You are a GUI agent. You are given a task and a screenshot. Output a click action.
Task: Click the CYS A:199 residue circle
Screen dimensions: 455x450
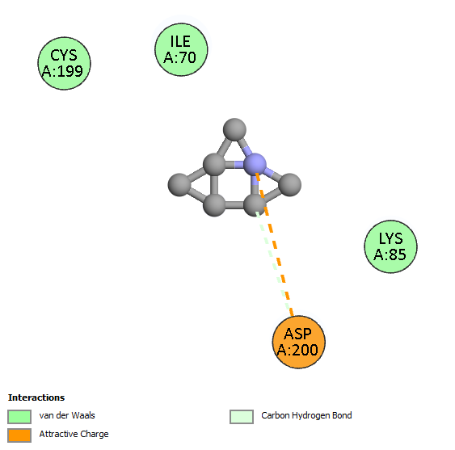[x=64, y=63]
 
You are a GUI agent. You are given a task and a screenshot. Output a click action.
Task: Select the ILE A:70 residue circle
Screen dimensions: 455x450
[x=181, y=49]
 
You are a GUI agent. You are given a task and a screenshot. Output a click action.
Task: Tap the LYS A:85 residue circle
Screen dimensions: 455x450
[x=390, y=246]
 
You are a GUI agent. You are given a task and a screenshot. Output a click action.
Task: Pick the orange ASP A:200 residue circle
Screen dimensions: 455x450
[x=298, y=342]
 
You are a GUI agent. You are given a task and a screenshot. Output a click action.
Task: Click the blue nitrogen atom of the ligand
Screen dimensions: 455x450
[x=255, y=165]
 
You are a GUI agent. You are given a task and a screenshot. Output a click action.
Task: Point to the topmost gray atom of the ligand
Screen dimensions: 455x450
[x=234, y=129]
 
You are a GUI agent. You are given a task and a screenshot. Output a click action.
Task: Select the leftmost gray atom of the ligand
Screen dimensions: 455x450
[x=179, y=185]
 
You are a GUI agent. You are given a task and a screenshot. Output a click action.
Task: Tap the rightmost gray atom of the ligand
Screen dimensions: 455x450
[x=289, y=185]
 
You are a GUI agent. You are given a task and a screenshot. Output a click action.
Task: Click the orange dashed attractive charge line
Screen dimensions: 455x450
[x=275, y=245]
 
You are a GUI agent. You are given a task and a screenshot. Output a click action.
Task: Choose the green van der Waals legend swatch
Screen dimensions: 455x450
[x=19, y=417]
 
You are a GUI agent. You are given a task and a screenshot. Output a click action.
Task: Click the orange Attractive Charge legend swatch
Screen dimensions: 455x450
[x=19, y=435]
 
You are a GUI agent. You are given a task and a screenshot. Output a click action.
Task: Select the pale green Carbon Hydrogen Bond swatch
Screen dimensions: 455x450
[x=242, y=417]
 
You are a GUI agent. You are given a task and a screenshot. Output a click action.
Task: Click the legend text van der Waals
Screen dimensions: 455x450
[x=67, y=415]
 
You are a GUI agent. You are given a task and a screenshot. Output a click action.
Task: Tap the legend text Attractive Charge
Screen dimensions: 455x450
[x=74, y=434]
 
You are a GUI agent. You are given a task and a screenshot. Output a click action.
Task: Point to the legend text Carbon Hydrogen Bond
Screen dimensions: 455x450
[x=306, y=415]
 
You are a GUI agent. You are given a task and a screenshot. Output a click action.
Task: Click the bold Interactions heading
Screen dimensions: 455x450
[x=36, y=397]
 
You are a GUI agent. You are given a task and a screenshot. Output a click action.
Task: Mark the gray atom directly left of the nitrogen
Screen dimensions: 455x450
[x=214, y=165]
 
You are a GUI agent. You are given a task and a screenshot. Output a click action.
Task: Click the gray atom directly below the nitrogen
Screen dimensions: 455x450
[x=255, y=205]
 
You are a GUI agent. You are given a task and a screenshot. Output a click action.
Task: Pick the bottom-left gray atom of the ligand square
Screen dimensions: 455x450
[x=214, y=205]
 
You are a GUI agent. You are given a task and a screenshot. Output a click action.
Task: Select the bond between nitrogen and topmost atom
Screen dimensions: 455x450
[x=245, y=147]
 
